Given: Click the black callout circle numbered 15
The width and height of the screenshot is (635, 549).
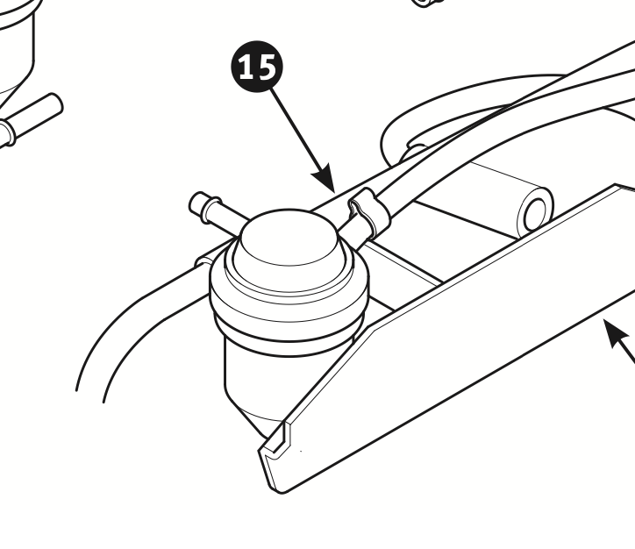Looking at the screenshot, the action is [x=257, y=67].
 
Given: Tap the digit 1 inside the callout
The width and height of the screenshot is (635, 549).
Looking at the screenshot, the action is [x=246, y=67].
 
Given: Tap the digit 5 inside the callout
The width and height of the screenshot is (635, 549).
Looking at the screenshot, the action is [x=268, y=67].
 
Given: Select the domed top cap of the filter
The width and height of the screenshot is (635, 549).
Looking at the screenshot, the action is [x=289, y=237].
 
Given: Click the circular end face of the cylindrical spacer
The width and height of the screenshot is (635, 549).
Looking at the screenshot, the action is [x=538, y=215].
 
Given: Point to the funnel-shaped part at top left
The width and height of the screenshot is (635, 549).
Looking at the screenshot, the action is [x=16, y=48].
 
